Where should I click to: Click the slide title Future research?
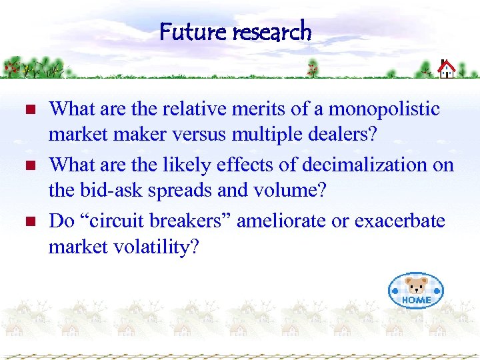pos(235,31)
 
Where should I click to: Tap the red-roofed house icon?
pos(446,68)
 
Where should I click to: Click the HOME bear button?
pos(416,291)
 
